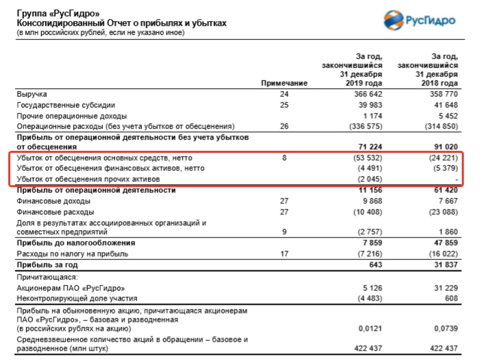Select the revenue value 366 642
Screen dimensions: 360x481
click(x=366, y=94)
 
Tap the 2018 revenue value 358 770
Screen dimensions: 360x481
click(x=442, y=94)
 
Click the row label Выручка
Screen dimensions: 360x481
click(x=32, y=94)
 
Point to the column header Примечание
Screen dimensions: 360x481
click(x=284, y=83)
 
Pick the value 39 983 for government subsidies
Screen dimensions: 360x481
click(x=369, y=105)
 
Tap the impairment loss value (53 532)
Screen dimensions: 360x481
click(x=366, y=158)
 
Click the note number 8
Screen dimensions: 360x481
click(x=284, y=158)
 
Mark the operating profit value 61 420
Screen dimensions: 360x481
click(x=444, y=190)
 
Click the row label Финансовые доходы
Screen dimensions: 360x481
click(x=54, y=201)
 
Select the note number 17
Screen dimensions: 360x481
click(x=284, y=254)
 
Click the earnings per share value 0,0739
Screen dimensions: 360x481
click(x=445, y=328)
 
